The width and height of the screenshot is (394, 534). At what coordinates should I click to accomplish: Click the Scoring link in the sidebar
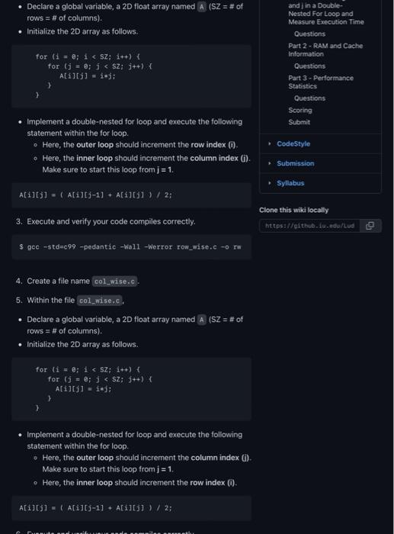[x=300, y=110]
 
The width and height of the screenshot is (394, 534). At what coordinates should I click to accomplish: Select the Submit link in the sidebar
[x=299, y=122]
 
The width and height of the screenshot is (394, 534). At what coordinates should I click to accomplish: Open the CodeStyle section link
[x=293, y=143]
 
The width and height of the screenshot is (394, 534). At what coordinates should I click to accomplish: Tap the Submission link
[x=295, y=163]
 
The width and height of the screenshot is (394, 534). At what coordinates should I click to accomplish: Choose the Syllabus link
[x=290, y=183]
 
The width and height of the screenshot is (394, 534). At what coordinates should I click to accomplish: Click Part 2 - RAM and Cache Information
[x=316, y=50]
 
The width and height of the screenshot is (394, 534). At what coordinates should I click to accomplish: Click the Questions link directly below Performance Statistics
[x=309, y=98]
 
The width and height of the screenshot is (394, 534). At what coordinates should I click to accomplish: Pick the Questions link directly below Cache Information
[x=309, y=66]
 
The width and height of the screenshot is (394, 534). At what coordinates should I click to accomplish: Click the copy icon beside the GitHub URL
[x=370, y=226]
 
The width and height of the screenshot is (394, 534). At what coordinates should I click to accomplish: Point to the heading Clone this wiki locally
[x=294, y=210]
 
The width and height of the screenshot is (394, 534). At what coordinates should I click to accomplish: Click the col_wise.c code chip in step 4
[x=114, y=281]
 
